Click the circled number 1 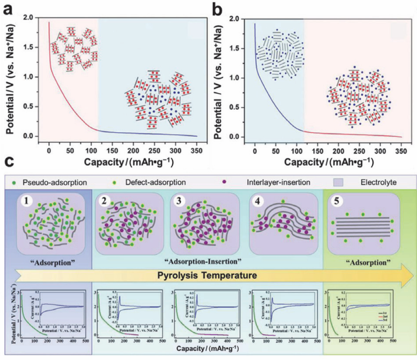point(27,202)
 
